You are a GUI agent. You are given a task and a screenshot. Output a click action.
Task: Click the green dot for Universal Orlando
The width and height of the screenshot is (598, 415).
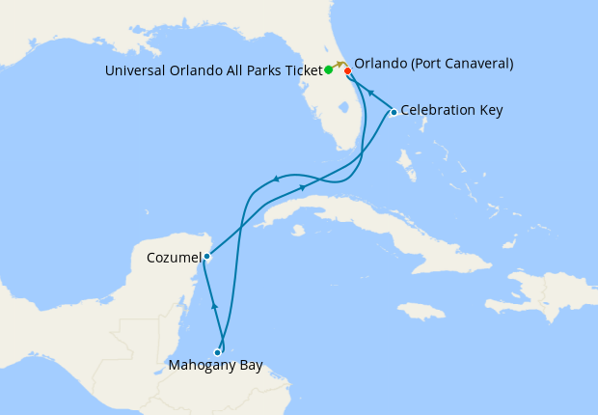(329, 69)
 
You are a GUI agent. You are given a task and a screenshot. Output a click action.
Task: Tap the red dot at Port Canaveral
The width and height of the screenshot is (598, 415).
(347, 69)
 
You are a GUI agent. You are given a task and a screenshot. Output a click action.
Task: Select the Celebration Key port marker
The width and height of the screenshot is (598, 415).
(394, 113)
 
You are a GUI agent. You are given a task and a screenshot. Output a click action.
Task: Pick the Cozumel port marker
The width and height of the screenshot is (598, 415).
(206, 257)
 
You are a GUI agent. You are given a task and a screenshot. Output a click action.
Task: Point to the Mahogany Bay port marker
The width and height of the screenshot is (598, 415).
(218, 352)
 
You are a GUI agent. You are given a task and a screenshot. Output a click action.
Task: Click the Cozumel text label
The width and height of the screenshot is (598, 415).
(174, 258)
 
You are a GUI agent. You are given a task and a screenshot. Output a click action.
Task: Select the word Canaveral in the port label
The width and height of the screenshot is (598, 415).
(478, 64)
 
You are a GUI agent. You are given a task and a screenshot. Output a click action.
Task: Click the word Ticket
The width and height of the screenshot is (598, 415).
(300, 69)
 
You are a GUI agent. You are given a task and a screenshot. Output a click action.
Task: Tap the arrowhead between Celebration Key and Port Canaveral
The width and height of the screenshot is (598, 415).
(370, 92)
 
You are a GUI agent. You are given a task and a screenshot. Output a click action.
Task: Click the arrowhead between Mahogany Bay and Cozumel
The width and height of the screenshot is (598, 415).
(214, 305)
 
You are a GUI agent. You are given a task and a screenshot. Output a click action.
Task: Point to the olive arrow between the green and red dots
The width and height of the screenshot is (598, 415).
(340, 64)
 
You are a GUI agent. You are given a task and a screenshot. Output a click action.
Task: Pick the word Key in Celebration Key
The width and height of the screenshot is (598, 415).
(490, 110)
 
